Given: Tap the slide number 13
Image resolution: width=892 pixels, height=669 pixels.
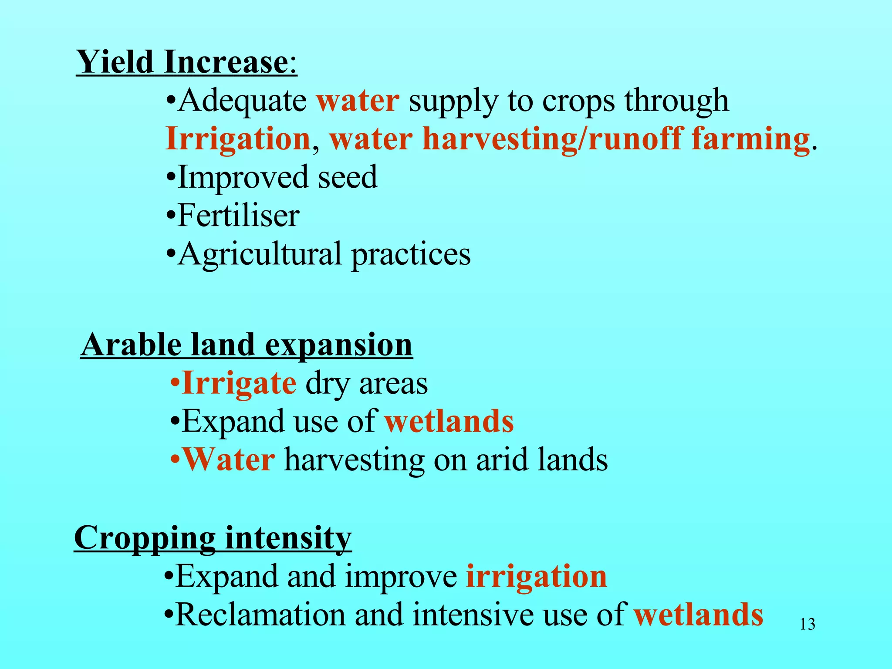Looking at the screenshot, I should click(808, 625).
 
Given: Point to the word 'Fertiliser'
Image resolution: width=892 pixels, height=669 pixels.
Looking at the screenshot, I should click(238, 216).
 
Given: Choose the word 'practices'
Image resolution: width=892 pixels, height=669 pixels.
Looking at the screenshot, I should click(411, 255).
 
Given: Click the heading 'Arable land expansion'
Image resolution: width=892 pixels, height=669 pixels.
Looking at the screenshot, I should click(247, 345).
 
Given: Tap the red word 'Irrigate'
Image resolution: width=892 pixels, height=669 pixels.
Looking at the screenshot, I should click(239, 384).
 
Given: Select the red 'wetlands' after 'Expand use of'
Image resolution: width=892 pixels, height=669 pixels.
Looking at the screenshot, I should click(449, 422).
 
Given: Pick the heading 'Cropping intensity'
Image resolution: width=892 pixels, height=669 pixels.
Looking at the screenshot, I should click(213, 538).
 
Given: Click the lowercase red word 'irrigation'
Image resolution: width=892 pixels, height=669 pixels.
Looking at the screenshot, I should click(536, 577).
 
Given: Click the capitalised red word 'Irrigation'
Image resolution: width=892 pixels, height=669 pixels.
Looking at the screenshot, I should click(238, 139).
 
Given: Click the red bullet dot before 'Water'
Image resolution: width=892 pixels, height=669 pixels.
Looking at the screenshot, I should click(175, 460).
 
